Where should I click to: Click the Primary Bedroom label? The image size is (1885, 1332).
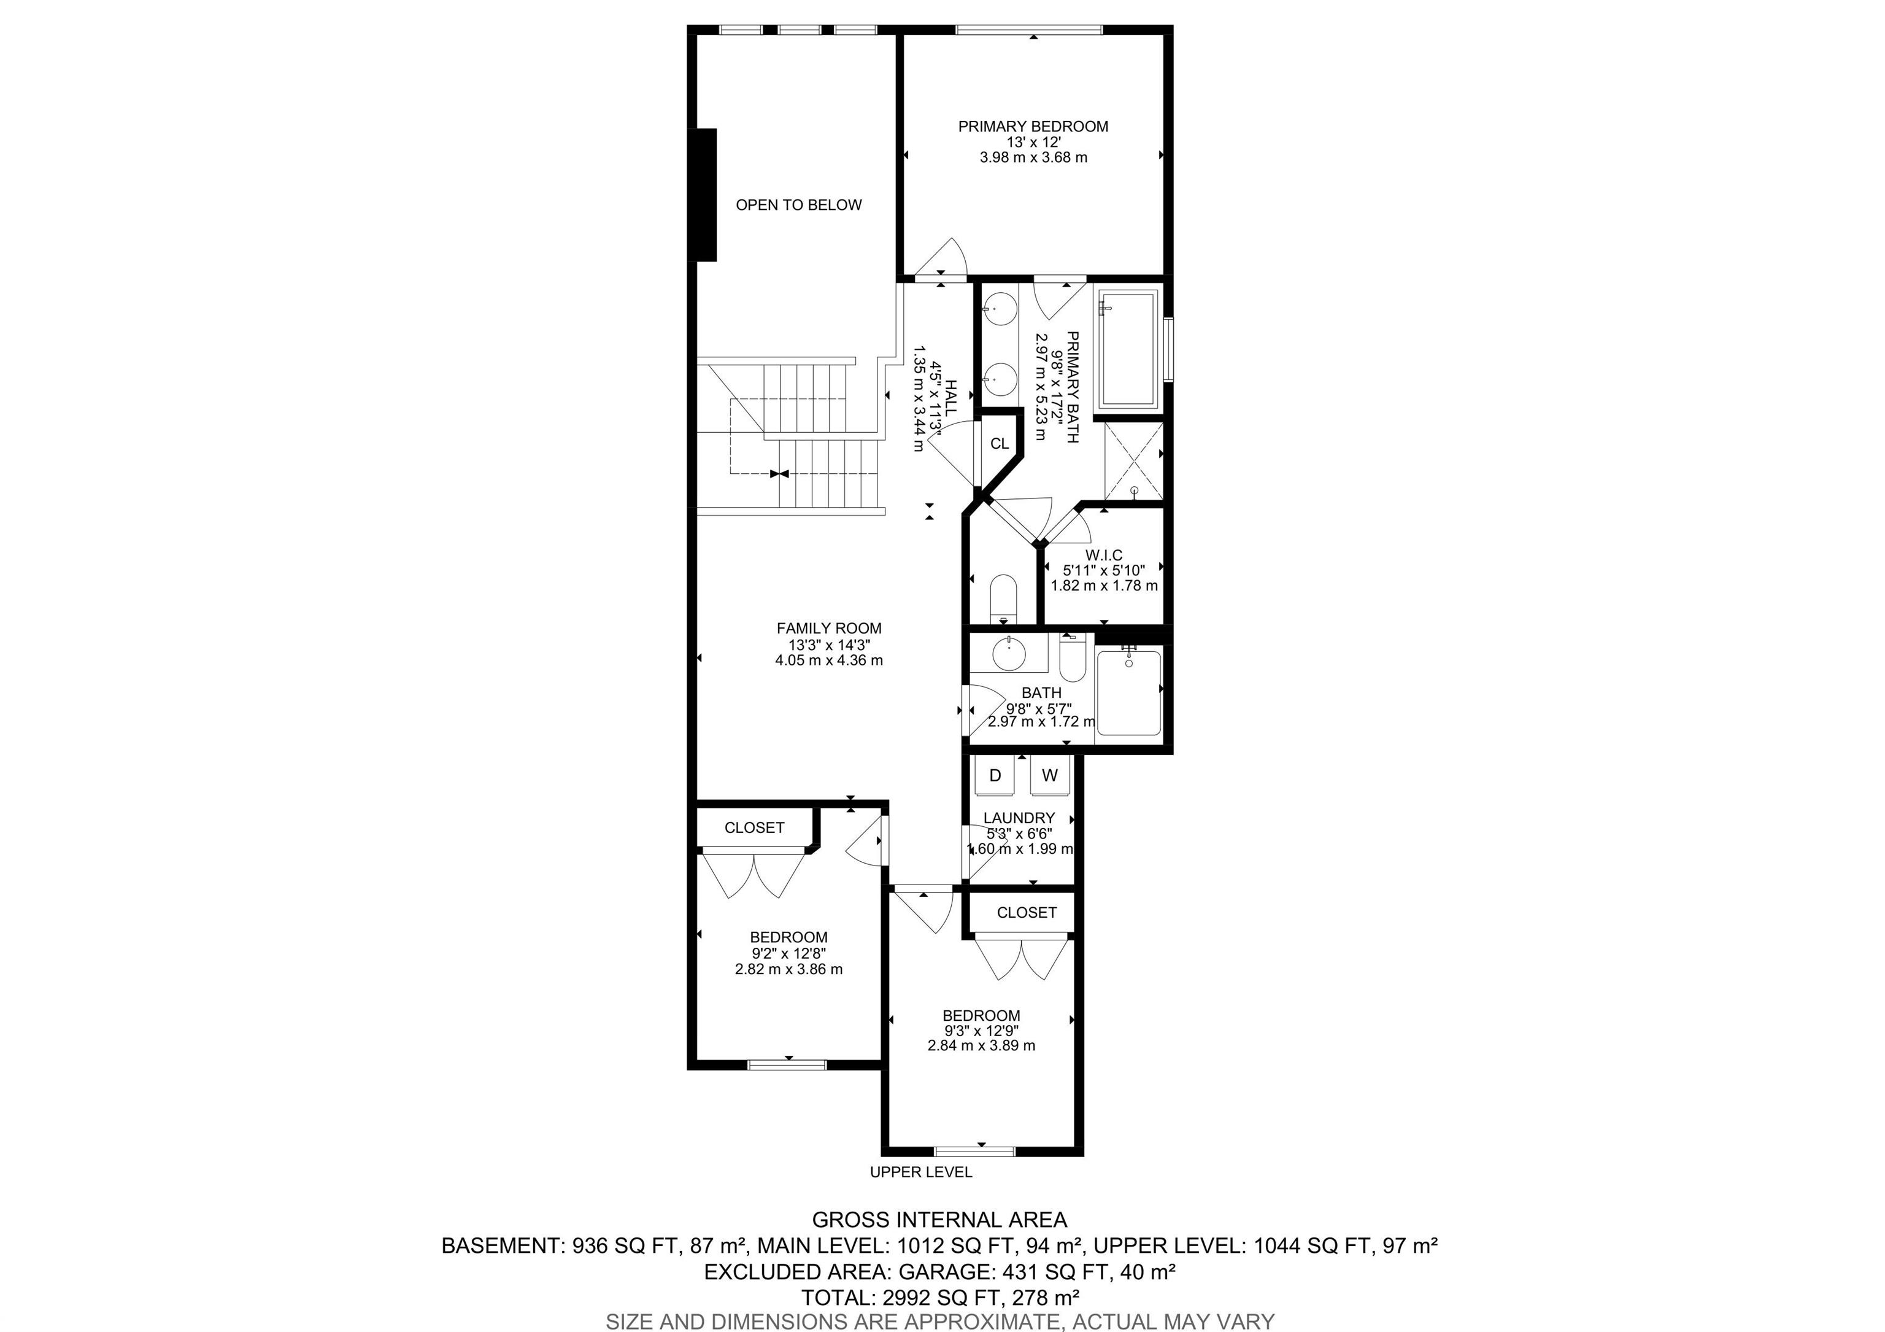(1033, 126)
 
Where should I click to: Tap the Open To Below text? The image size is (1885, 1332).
(798, 205)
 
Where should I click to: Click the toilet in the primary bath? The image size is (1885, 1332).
(1003, 597)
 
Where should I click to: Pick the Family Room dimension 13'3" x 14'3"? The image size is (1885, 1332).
(829, 645)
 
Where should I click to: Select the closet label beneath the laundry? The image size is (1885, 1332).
(1026, 912)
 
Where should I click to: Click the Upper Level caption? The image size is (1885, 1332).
(920, 1172)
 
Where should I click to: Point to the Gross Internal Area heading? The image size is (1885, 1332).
(939, 1220)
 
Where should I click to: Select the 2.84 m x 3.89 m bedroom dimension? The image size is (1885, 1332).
(981, 1046)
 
